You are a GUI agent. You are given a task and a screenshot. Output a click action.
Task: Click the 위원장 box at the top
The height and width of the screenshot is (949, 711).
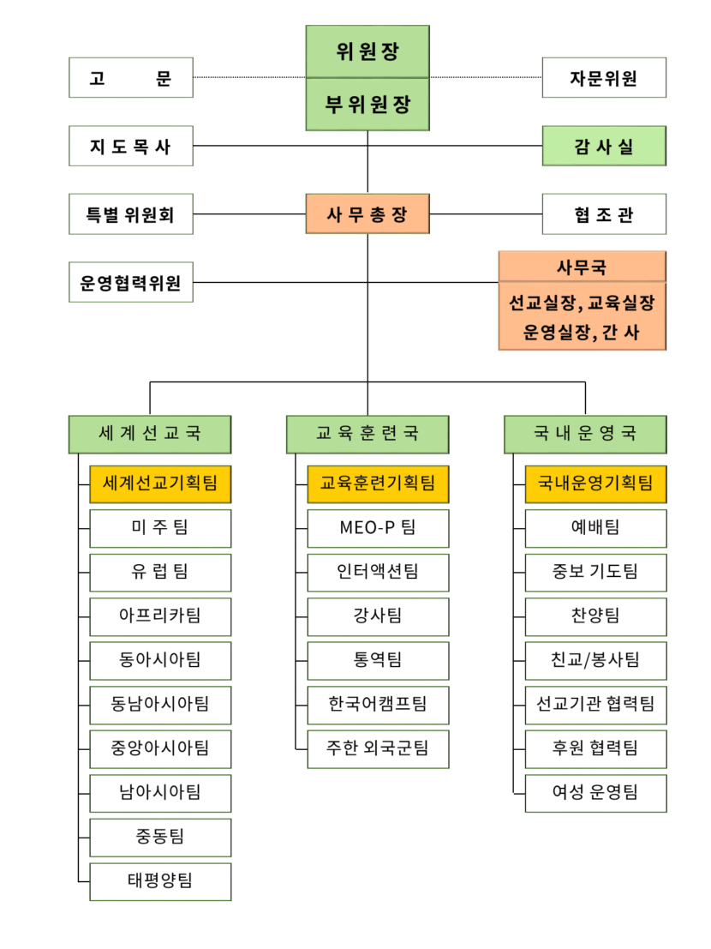tap(367, 51)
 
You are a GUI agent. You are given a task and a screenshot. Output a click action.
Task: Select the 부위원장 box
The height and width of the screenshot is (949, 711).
tap(367, 104)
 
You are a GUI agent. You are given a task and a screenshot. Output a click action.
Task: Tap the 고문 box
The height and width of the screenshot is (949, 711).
tap(131, 77)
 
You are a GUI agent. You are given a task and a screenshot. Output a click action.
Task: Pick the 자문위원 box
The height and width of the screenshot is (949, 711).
tap(604, 77)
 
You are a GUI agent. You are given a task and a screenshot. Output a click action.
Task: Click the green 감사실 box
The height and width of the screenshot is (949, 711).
tap(604, 146)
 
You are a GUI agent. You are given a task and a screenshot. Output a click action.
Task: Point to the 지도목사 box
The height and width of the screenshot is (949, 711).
tap(131, 146)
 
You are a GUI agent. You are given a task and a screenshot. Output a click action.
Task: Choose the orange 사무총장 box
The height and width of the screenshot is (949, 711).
tap(367, 213)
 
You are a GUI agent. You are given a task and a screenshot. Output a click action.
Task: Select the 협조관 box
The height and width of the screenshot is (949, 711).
tap(604, 213)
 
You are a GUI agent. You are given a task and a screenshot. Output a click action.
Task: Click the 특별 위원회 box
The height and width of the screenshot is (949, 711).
tap(131, 213)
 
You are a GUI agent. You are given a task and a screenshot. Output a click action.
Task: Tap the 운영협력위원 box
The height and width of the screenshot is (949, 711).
tap(131, 282)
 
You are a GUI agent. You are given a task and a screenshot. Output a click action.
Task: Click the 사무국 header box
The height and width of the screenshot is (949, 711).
tap(583, 267)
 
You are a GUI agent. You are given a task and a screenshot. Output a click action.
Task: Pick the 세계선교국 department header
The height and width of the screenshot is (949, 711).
tap(150, 434)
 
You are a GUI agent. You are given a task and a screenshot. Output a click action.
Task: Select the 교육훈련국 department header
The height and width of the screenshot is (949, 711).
tap(367, 434)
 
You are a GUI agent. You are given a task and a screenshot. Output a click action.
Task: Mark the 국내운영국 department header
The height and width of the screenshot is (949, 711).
tap(585, 434)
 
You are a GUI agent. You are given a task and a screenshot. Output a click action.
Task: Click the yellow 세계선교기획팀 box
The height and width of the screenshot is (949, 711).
tap(160, 484)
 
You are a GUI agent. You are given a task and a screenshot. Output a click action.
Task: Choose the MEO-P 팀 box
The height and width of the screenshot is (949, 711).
tap(378, 528)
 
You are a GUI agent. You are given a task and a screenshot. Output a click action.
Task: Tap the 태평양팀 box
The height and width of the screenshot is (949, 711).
tap(160, 881)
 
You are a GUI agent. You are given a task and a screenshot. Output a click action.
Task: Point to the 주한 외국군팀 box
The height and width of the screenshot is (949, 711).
tap(378, 748)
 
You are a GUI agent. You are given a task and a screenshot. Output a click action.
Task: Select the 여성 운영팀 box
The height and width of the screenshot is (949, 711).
tap(595, 793)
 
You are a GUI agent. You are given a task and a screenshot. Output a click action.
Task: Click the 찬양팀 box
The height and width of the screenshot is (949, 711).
tap(595, 616)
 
